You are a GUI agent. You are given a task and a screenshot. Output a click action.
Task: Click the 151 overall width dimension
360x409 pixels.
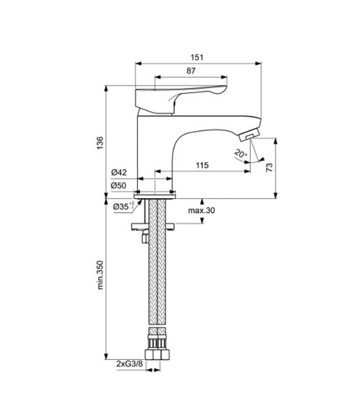[197, 57]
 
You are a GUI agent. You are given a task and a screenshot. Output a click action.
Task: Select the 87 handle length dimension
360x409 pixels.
[191, 71]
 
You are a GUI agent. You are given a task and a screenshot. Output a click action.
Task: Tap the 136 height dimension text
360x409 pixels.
[100, 143]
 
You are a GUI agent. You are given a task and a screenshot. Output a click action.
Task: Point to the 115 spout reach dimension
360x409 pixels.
[202, 165]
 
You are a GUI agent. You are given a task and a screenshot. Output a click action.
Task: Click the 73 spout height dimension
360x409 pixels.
[270, 167]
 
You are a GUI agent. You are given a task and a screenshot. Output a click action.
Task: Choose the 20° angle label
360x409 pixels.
[241, 154]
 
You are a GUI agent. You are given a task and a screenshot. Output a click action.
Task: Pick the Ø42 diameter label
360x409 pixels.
[119, 172]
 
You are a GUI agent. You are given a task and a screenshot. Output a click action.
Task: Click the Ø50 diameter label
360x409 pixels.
[118, 185]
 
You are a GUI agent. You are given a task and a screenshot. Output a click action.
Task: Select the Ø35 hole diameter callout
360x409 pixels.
[124, 206]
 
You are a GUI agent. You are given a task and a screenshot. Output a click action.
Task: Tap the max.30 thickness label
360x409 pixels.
[201, 210]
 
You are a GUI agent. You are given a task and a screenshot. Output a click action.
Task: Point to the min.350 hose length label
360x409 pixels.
[100, 275]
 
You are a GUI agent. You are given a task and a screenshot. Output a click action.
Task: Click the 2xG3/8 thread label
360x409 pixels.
[129, 364]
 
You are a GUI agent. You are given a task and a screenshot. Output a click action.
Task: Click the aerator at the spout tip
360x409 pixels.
[250, 134]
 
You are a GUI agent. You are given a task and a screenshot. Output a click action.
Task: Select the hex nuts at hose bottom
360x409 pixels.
[157, 354]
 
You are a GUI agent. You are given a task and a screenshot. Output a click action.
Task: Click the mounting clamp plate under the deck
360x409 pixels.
[153, 227]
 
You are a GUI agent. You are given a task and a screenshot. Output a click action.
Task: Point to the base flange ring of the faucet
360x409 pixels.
[155, 197]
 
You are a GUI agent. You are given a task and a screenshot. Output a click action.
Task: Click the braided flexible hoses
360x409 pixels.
[157, 263]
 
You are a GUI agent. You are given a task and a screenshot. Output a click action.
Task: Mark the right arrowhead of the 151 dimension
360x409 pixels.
[258, 63]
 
